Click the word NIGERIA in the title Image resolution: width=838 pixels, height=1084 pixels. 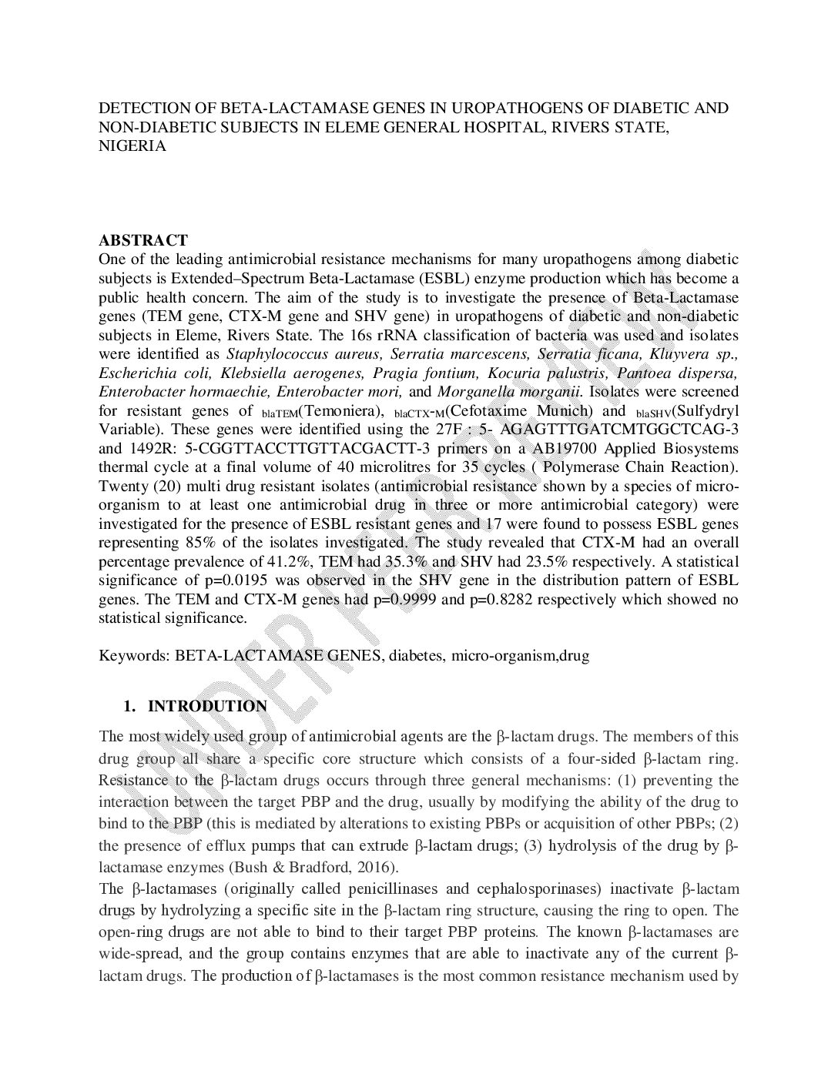[132, 146]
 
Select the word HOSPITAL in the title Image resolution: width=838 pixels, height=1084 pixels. [504, 127]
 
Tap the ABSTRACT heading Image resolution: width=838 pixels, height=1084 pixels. [143, 240]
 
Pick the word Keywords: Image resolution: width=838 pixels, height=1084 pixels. [132, 656]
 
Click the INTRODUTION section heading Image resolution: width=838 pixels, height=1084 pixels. [207, 706]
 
